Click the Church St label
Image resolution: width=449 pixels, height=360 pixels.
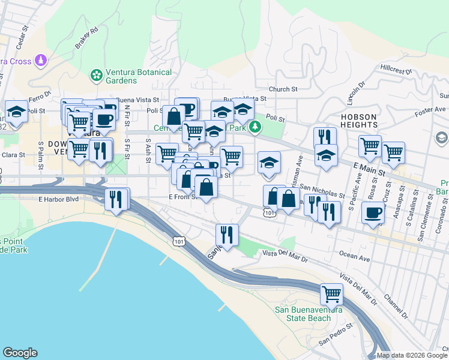point(283,89)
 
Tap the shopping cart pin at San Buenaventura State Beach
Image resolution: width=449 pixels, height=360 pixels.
point(331,295)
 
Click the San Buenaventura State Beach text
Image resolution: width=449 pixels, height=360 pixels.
point(303,314)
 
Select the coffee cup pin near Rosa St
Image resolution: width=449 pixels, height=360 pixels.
point(373,212)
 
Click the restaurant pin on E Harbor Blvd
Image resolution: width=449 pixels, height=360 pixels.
point(116,199)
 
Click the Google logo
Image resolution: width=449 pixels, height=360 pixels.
point(20,353)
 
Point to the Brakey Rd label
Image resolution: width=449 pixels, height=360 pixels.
point(86,38)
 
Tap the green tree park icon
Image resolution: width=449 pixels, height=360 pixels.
point(256,126)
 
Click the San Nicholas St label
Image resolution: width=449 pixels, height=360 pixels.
point(322,191)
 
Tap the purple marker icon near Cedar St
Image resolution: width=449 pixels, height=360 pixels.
point(41,60)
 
